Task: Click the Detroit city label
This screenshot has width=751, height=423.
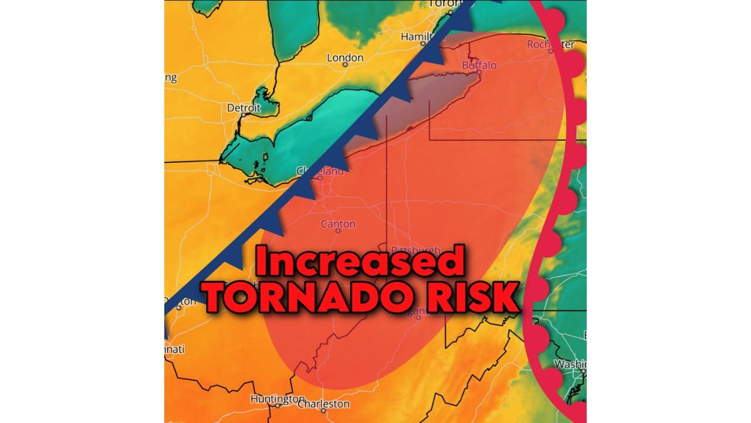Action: coord(243,108)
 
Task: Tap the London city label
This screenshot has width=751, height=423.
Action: coord(345,58)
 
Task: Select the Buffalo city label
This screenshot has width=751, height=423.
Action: coord(479,65)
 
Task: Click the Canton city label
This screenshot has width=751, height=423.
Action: coord(338,224)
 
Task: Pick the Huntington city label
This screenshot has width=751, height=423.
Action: coord(278,399)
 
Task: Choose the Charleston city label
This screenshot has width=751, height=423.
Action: coord(323,404)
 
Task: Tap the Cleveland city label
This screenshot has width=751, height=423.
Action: coord(320,172)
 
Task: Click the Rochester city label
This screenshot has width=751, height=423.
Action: coord(550,44)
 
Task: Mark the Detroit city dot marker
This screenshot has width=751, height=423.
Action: coord(242,115)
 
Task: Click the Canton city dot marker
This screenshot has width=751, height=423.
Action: coord(338,231)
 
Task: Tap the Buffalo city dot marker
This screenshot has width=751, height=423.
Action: coord(479,73)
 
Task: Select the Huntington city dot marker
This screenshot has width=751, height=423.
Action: coord(278,405)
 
